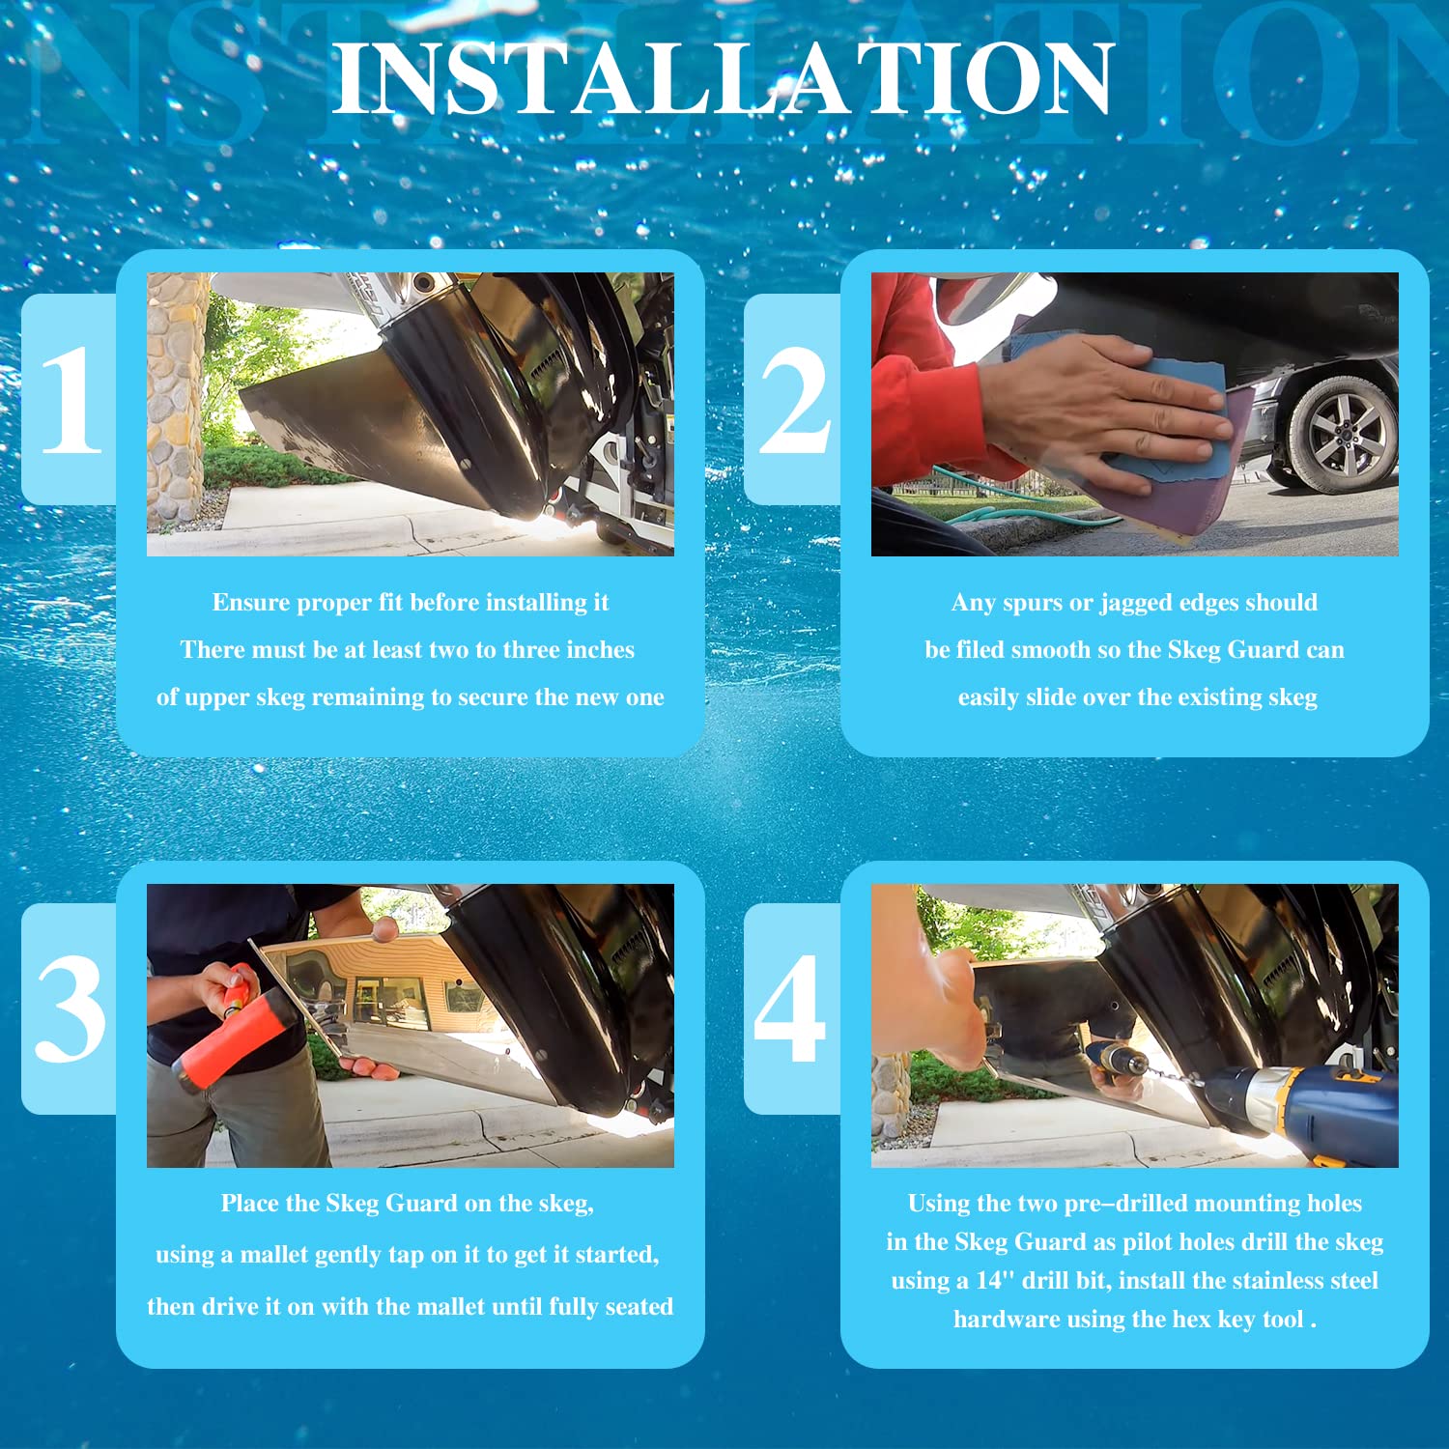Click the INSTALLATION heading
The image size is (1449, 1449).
click(724, 79)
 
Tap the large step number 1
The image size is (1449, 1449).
click(71, 399)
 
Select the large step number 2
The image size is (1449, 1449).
click(794, 399)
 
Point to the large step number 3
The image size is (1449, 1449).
click(71, 1009)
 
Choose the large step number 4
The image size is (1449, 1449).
click(790, 1009)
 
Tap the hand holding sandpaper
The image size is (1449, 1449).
click(1100, 406)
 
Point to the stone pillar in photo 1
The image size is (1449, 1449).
click(176, 401)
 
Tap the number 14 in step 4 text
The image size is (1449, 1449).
click(989, 1281)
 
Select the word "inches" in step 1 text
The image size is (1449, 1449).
click(600, 649)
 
